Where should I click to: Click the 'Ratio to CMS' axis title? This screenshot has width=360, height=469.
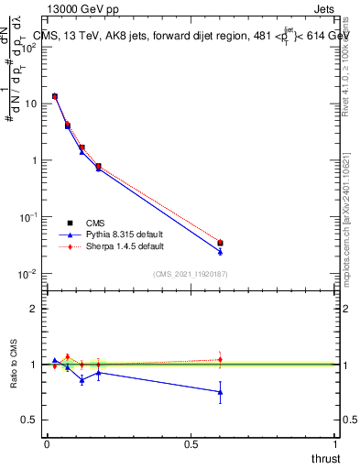[16, 365]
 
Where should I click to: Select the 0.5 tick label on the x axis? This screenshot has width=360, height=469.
[191, 444]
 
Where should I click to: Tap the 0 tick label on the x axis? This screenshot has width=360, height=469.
[47, 444]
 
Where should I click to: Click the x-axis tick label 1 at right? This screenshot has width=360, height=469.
[335, 444]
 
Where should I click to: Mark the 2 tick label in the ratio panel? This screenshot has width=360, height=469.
[34, 309]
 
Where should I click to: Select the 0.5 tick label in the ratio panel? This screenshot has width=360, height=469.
[30, 420]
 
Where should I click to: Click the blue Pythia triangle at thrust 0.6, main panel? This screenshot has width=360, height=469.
[220, 251]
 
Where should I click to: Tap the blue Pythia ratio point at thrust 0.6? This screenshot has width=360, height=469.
[220, 392]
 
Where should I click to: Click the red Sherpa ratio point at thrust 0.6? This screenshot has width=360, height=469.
[220, 359]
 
